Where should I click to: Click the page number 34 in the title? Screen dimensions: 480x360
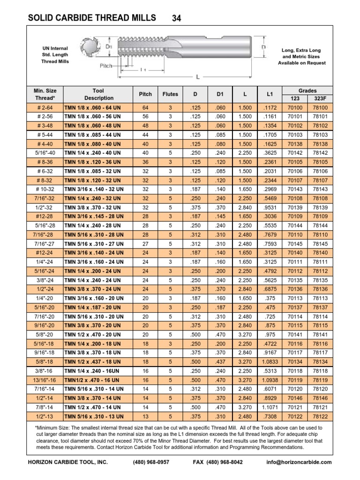coord(177,18)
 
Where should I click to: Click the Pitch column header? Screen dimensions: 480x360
coord(145,94)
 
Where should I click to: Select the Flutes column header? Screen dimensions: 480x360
coord(170,94)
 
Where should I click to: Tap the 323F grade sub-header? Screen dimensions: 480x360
coord(320,98)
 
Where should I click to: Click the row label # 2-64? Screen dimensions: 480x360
coord(45,107)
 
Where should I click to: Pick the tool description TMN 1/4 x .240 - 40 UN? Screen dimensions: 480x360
coord(94,153)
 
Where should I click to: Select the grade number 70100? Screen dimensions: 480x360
coord(294,107)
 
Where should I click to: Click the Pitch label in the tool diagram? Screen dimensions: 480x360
coord(106,66)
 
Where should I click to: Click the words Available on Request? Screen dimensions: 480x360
coord(301,63)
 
